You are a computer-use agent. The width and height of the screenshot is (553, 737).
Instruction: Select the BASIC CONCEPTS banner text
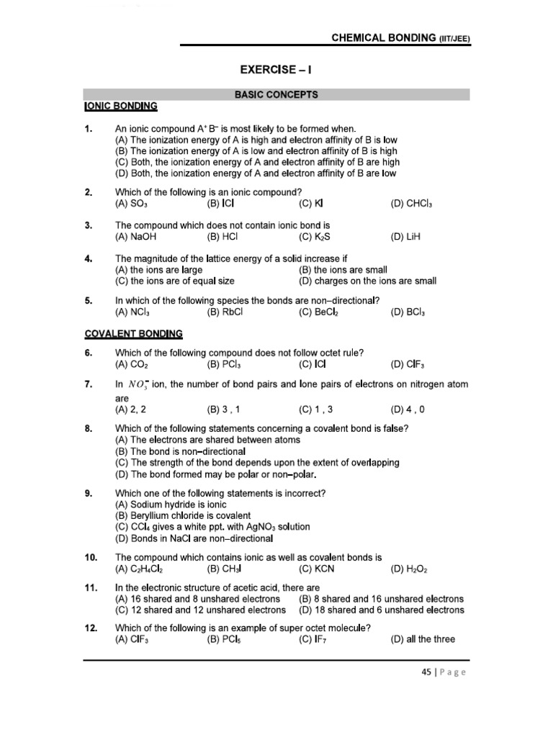tap(277, 94)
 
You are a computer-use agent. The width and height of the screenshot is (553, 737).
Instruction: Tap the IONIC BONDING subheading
tap(120, 106)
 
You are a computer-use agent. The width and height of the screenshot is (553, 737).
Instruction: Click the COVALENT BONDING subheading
tap(133, 334)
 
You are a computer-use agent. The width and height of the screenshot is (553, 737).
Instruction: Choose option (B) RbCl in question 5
tap(224, 313)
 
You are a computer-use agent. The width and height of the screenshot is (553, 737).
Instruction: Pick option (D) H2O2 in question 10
tap(408, 569)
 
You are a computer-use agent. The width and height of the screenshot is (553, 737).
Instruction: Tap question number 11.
tap(90, 587)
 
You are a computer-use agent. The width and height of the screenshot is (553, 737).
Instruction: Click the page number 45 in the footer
tap(425, 672)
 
